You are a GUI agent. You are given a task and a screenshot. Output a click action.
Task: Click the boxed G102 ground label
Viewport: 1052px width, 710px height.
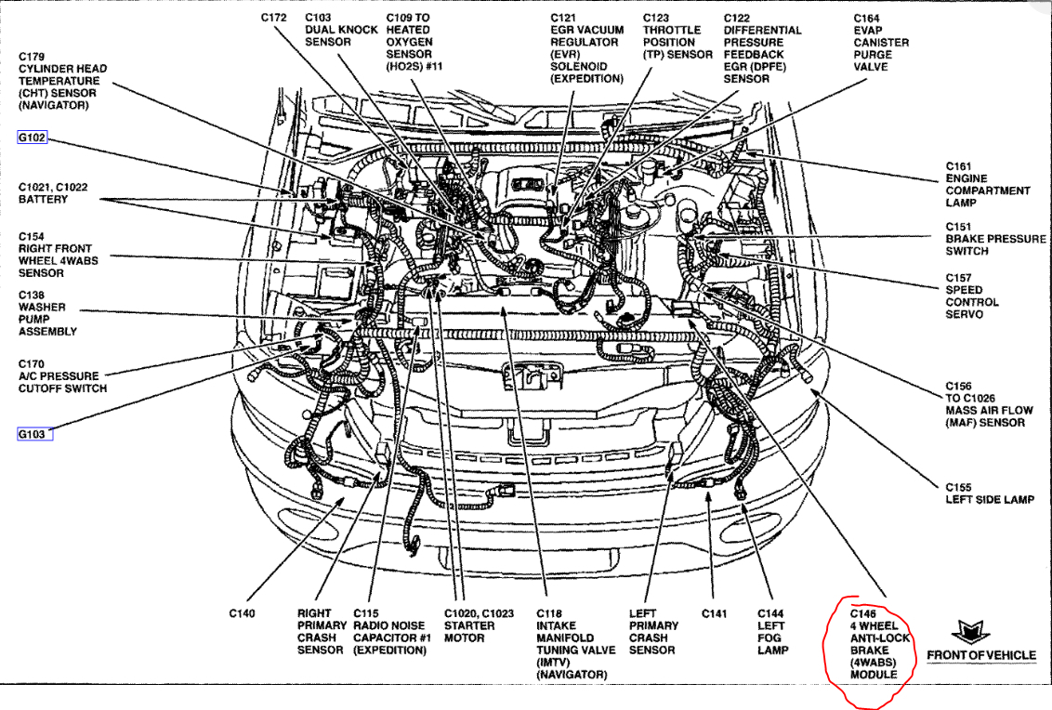click(x=32, y=138)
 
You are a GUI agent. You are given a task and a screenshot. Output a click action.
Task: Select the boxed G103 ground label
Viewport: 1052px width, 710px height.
click(x=33, y=434)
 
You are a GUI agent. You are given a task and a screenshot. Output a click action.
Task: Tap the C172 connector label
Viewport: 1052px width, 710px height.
click(x=273, y=18)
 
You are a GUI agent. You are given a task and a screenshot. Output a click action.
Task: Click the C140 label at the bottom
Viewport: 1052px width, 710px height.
click(x=242, y=613)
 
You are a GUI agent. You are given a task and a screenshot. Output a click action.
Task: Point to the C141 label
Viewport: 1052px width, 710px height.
click(x=713, y=613)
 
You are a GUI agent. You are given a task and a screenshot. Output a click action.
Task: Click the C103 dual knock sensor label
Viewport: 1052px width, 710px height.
click(x=341, y=30)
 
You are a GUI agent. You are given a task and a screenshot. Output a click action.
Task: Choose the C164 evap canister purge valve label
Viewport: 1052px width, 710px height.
click(x=880, y=42)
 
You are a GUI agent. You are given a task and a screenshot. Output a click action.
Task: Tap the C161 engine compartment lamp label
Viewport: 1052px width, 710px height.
click(x=987, y=184)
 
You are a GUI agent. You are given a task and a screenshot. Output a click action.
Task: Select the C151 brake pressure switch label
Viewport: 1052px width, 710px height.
click(x=995, y=239)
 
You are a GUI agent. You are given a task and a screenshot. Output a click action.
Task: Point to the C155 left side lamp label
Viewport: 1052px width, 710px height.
click(x=989, y=493)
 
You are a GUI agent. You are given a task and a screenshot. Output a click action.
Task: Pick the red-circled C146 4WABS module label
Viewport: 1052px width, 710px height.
click(x=874, y=644)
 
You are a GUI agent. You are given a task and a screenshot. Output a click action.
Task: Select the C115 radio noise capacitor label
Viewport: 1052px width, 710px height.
click(x=389, y=632)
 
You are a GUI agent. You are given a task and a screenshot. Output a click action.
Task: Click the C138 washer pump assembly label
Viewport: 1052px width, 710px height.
click(x=47, y=313)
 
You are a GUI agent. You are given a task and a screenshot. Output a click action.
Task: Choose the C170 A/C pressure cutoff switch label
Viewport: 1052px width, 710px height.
click(x=62, y=376)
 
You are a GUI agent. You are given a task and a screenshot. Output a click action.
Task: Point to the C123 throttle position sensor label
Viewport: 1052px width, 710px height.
click(x=677, y=36)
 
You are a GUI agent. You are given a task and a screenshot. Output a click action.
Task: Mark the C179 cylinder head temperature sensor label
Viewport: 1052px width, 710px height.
click(x=62, y=81)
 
